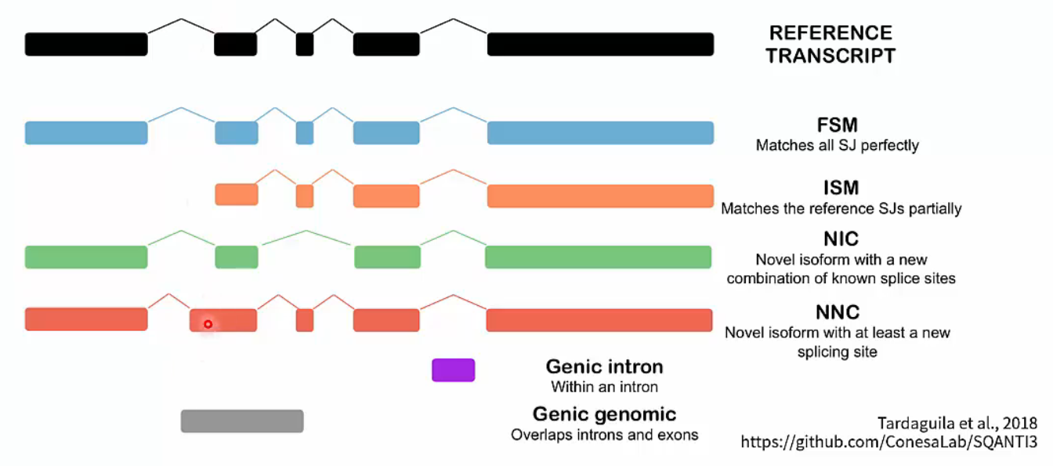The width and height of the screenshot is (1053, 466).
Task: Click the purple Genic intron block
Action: (x=453, y=370)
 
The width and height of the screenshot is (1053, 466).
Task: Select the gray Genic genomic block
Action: (x=241, y=420)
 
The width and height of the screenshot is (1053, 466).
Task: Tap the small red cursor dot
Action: (x=208, y=323)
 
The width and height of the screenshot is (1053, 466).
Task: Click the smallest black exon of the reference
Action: (x=305, y=44)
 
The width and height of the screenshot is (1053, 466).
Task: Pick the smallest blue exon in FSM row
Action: (x=305, y=133)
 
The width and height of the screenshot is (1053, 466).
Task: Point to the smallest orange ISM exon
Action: (x=305, y=195)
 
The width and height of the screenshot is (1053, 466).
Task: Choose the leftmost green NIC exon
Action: (x=86, y=257)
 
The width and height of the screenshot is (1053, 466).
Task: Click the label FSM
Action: (x=837, y=126)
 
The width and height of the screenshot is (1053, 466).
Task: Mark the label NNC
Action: (x=837, y=312)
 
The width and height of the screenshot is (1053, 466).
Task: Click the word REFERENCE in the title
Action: (x=830, y=33)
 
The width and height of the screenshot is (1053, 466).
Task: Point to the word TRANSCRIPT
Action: (x=830, y=56)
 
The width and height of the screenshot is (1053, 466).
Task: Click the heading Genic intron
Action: (x=604, y=366)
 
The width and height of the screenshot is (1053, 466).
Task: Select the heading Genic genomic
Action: (x=604, y=413)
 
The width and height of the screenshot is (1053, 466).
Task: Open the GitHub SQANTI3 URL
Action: (x=889, y=442)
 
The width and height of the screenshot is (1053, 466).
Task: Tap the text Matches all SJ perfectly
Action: (x=837, y=145)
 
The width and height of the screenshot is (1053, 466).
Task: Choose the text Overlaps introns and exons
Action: (x=604, y=434)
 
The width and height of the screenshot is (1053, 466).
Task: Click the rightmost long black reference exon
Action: (x=600, y=44)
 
